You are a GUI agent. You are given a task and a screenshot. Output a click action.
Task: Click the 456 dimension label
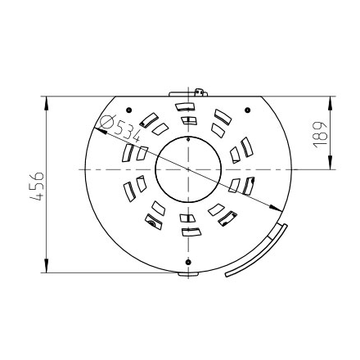click(x=36, y=187)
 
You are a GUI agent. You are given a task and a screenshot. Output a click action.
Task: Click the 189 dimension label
click(x=320, y=135)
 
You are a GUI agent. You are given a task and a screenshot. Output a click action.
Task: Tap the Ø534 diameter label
click(x=119, y=128)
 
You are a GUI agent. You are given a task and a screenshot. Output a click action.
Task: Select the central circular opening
click(x=188, y=169)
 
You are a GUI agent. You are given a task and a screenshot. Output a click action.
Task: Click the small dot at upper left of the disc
click(x=129, y=110)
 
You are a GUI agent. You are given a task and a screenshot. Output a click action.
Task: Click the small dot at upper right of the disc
click(x=247, y=110)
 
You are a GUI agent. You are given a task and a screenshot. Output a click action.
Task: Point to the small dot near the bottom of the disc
click(x=188, y=262)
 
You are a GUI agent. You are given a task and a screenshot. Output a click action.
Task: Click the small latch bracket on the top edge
click(x=200, y=92)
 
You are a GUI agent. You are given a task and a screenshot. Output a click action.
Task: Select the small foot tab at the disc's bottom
click(x=188, y=274)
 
